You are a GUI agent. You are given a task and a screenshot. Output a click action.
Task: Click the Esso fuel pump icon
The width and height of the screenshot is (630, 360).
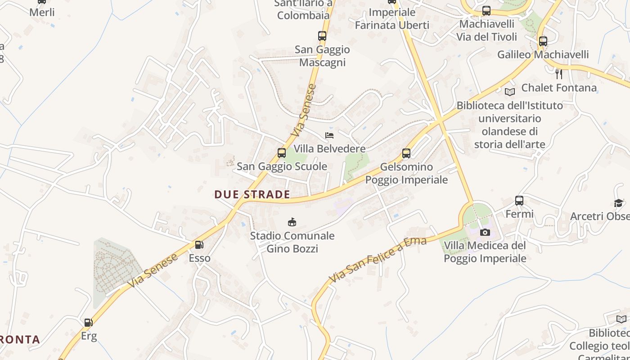(199, 245)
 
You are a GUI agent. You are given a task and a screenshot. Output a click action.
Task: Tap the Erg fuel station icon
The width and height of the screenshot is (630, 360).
(89, 323)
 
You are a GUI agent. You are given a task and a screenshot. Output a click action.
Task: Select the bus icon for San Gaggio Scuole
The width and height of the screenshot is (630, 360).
(282, 153)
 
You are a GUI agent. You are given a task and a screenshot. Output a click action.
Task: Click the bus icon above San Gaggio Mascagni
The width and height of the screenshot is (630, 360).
(322, 36)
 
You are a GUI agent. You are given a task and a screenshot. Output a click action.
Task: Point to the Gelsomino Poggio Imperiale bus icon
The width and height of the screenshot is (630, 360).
(406, 153)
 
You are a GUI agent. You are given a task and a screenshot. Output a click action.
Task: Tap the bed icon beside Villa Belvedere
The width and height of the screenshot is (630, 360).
(329, 135)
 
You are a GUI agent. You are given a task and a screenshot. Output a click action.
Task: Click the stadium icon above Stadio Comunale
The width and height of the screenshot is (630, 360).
(292, 222)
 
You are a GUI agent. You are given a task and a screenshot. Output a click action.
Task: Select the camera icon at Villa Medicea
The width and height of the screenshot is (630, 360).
(485, 232)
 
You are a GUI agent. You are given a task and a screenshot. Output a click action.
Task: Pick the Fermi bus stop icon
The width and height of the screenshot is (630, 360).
(519, 201)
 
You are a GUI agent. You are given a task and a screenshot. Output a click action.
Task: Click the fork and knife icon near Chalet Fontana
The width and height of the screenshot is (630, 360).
(559, 74)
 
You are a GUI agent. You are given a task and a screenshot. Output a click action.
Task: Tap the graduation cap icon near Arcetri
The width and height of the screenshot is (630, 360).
(618, 203)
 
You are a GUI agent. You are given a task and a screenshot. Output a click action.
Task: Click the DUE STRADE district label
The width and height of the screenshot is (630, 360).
(252, 194)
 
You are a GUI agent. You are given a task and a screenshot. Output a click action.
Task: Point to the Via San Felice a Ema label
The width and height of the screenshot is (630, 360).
(378, 260)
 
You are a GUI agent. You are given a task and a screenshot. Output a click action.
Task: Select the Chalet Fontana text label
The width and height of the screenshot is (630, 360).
(559, 88)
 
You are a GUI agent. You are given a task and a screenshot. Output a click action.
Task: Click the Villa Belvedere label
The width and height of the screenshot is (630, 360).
(329, 148)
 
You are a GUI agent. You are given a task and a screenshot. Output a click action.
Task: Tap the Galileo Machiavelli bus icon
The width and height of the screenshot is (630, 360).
(543, 41)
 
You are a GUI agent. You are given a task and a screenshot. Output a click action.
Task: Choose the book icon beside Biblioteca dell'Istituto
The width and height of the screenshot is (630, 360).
(510, 92)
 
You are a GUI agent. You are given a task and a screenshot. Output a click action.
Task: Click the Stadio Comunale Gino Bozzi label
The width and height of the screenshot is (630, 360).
(292, 242)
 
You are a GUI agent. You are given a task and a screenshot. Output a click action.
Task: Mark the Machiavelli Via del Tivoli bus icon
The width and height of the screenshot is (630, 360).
(486, 11)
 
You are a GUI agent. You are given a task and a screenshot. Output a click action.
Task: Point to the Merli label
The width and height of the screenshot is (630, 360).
(42, 12)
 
